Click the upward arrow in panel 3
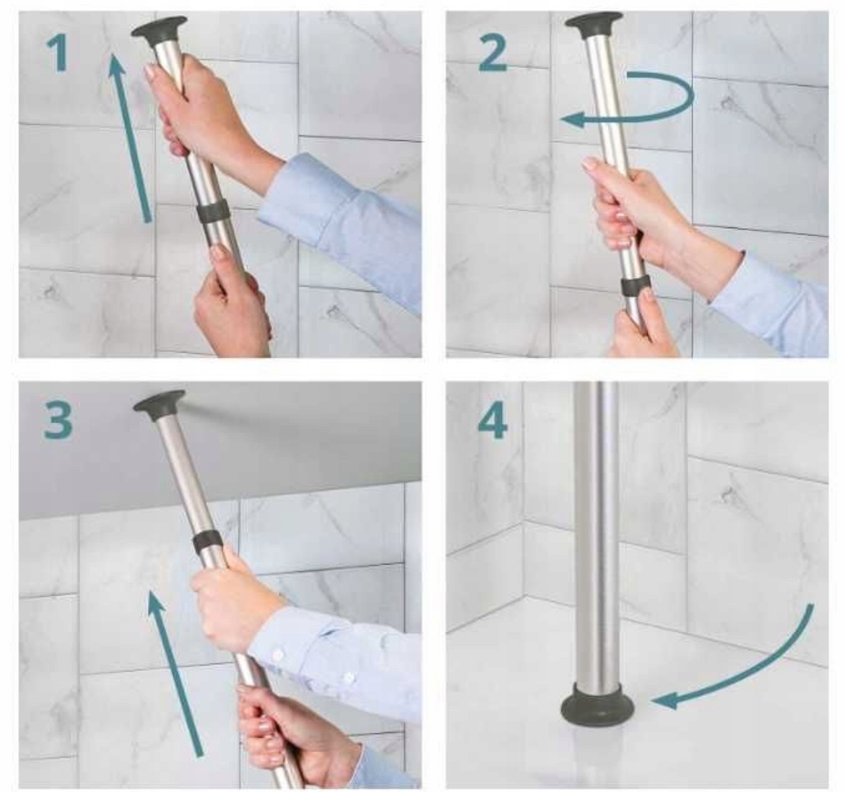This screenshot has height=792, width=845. [x=175, y=674]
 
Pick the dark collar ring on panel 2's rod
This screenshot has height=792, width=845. [x=636, y=288]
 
